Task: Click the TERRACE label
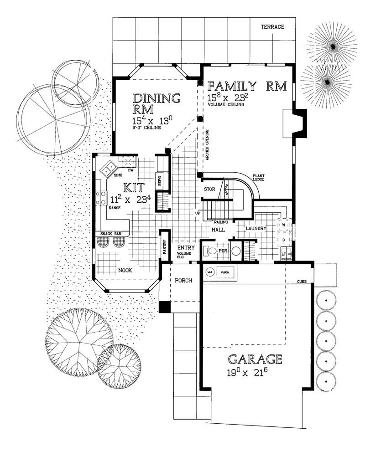[x=272, y=27]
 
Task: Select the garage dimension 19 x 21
[x=255, y=373]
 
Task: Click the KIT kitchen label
[x=134, y=187]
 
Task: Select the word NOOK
[x=125, y=270]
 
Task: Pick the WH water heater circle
[x=210, y=272]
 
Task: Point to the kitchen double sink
[x=109, y=169]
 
